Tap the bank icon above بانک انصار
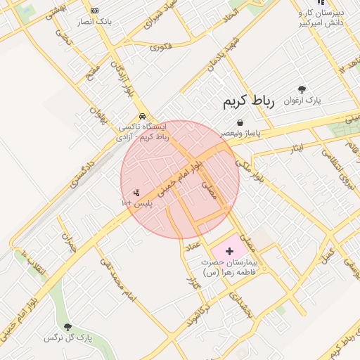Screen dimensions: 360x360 [x=95, y=11]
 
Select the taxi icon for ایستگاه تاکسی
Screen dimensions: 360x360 [x=143, y=116]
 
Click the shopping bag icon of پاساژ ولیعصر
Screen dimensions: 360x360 [x=240, y=122]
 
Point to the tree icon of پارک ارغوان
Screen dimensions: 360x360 [x=302, y=90]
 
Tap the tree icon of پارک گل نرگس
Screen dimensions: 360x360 [x=67, y=327]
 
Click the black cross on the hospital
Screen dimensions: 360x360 [x=229, y=251]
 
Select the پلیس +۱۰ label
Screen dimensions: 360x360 [x=137, y=203]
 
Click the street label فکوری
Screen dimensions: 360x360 [x=161, y=47]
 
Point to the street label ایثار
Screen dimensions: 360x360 [x=296, y=148]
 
